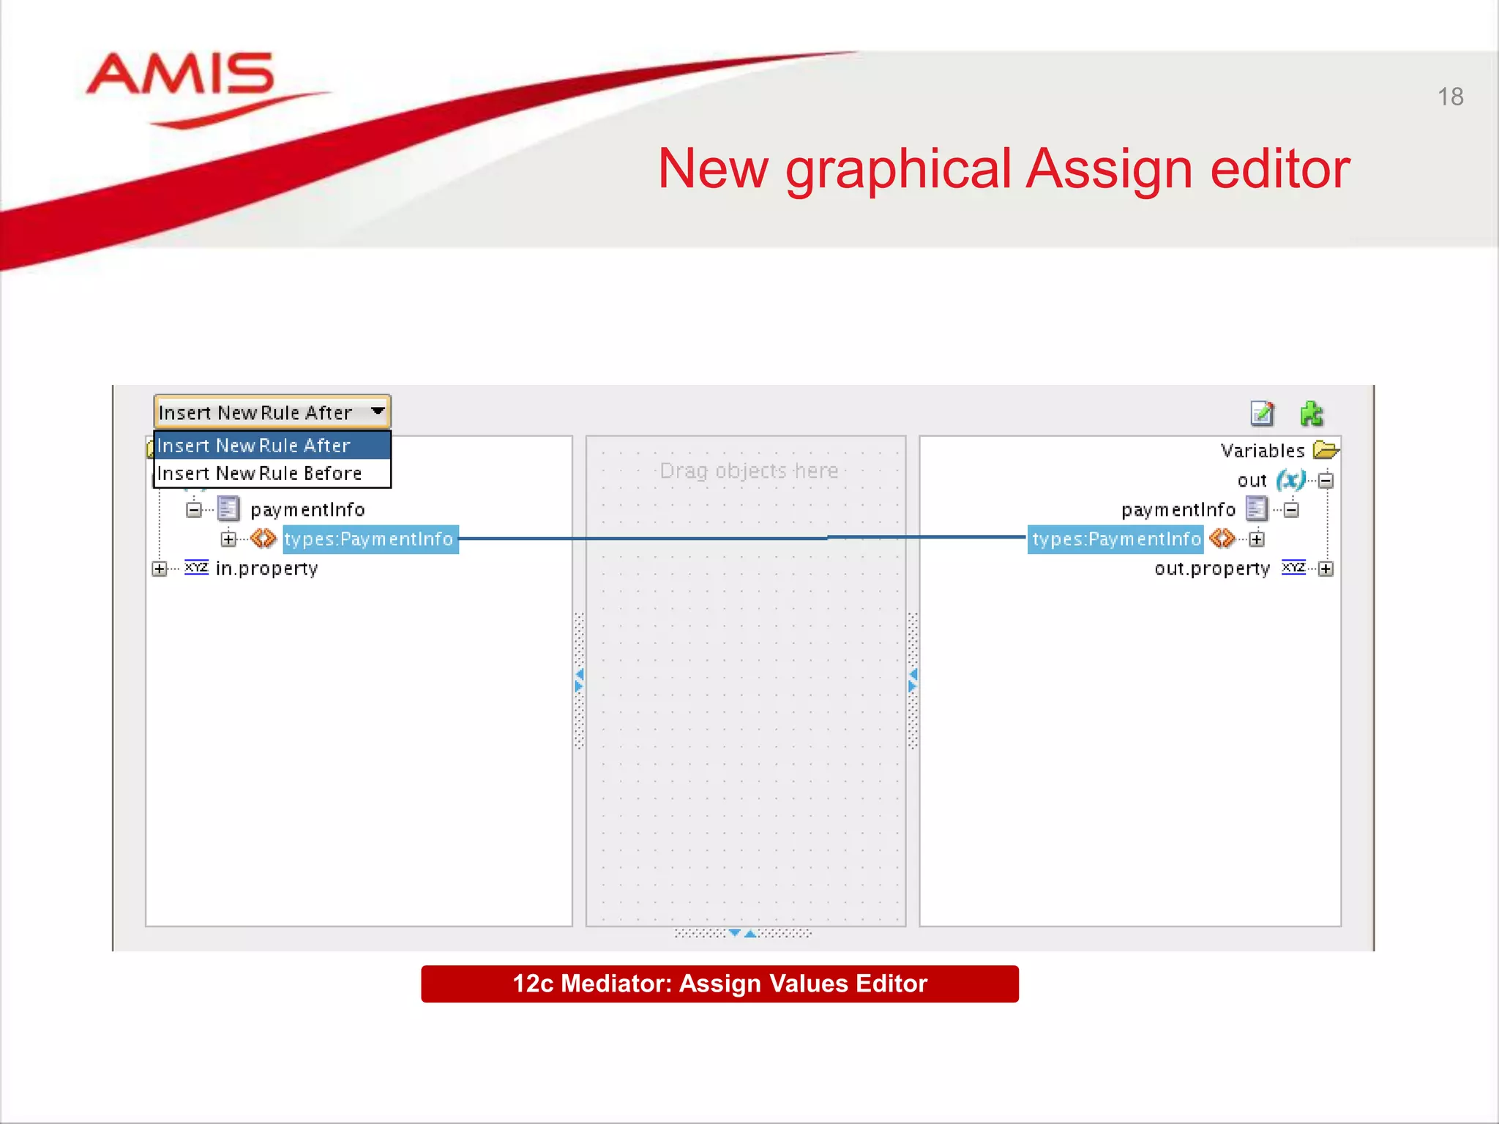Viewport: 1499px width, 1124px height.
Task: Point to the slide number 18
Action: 1450,97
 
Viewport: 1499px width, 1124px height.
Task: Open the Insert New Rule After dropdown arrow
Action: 378,411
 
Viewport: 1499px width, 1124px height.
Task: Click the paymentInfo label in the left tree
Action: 307,509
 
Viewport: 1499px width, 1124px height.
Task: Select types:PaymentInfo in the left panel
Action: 369,539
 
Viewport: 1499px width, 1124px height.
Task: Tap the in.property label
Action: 266,569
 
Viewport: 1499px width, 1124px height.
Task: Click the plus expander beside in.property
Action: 159,569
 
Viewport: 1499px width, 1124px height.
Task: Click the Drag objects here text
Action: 749,471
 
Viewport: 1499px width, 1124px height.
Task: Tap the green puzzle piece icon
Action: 1311,414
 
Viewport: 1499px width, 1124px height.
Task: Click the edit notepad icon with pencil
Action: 1262,414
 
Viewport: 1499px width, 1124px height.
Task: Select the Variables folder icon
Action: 1326,449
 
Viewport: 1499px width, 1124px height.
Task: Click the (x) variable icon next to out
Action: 1290,480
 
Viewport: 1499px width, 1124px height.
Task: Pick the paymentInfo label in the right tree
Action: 1178,509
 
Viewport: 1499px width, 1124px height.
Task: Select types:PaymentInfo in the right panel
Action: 1115,539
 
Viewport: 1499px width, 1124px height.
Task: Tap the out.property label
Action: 1211,569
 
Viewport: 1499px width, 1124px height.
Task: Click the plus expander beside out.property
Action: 1326,569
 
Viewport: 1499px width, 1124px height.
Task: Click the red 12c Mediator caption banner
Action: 719,983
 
